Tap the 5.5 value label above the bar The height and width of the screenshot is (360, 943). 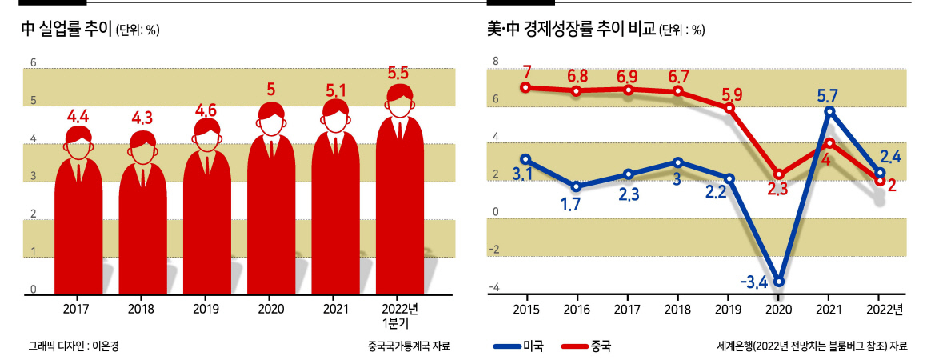click(398, 74)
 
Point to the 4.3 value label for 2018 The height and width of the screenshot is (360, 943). click(142, 118)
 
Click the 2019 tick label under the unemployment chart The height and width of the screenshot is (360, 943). click(206, 310)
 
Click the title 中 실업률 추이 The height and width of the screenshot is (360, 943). click(66, 28)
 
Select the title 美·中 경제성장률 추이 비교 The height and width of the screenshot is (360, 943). click(571, 28)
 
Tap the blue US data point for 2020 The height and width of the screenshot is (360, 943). click(778, 282)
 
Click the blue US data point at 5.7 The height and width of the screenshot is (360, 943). click(829, 111)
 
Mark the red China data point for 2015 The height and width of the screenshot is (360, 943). click(525, 87)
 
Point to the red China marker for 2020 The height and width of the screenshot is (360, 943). click(778, 174)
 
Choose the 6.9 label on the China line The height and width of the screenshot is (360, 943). click(627, 75)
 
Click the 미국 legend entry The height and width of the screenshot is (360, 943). click(518, 346)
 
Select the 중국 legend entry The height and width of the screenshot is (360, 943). click(587, 346)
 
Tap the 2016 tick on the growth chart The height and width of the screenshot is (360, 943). click(577, 310)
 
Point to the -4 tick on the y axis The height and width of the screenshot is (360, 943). click(496, 288)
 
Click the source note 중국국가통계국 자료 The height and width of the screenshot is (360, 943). click(409, 346)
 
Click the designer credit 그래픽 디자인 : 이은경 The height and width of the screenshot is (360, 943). click(69, 346)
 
